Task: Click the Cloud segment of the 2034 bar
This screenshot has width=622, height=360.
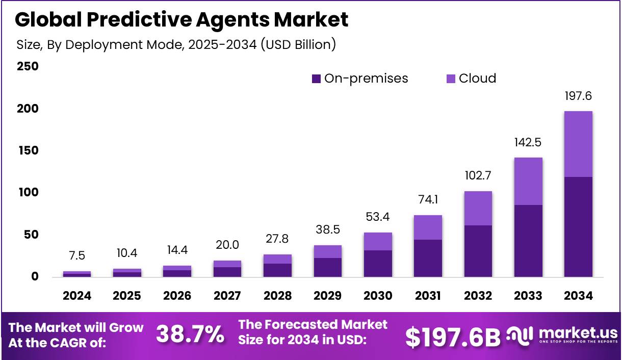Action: point(578,144)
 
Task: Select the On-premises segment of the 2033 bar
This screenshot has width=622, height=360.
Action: point(528,241)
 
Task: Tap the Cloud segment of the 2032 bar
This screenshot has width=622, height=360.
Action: point(478,208)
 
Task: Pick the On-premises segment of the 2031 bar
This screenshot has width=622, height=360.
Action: point(428,258)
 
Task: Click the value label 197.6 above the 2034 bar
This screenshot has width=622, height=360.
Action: point(578,96)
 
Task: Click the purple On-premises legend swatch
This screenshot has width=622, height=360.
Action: point(316,79)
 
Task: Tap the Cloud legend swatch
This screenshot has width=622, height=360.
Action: point(451,79)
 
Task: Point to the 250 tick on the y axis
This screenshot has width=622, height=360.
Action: point(28,67)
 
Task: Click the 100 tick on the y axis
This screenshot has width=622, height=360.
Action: point(28,193)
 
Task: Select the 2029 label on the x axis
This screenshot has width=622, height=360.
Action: point(328,296)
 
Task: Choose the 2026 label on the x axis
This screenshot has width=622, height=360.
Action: point(177,296)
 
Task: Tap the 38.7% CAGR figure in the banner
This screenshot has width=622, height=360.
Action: point(190,335)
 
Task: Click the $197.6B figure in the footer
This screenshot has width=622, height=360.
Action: point(453,337)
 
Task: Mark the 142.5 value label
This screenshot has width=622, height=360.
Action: point(528,142)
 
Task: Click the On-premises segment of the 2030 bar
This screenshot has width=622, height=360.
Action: point(377,264)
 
